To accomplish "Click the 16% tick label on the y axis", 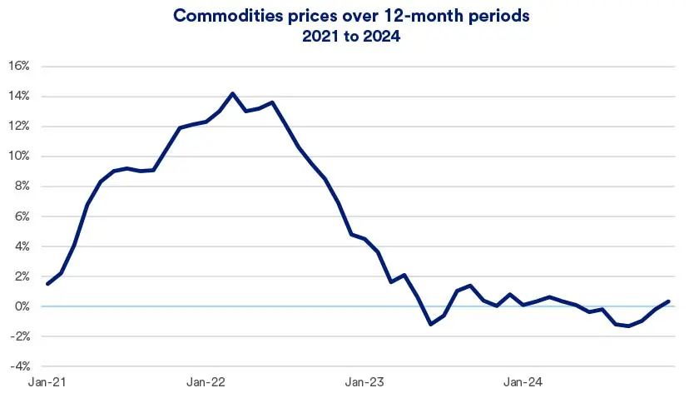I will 19,66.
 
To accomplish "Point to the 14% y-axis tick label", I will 19,97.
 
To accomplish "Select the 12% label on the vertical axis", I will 19,127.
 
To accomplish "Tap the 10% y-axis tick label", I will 19,157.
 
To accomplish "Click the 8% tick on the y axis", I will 22,187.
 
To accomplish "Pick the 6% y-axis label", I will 22,216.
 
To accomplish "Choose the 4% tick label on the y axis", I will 22,246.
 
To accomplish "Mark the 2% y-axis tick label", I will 22,276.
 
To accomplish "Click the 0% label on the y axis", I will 22,306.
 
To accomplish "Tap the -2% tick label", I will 20,336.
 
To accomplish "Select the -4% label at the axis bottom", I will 20,366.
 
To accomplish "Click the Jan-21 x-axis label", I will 48,382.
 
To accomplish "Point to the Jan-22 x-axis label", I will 206,382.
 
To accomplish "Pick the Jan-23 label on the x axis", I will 364,382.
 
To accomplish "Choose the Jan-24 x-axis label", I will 522,382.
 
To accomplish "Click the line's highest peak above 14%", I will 232,93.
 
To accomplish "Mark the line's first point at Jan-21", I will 48,284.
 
